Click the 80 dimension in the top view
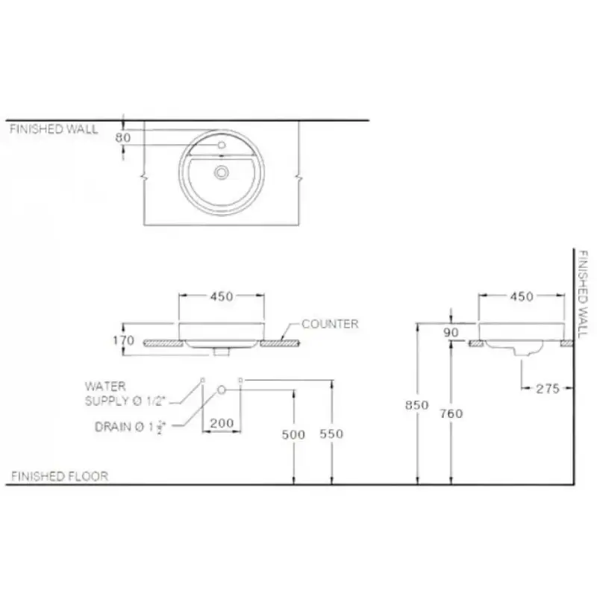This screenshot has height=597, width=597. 123,137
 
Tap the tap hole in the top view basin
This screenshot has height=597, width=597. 222,145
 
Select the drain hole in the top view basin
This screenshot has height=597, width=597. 221,172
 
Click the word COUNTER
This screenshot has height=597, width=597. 330,324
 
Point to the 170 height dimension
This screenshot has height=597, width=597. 124,340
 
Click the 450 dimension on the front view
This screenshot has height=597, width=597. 222,296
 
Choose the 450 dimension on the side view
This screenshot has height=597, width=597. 522,296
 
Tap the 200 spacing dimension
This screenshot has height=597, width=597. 222,423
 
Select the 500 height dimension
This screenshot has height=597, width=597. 293,434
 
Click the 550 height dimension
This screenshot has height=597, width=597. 331,434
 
